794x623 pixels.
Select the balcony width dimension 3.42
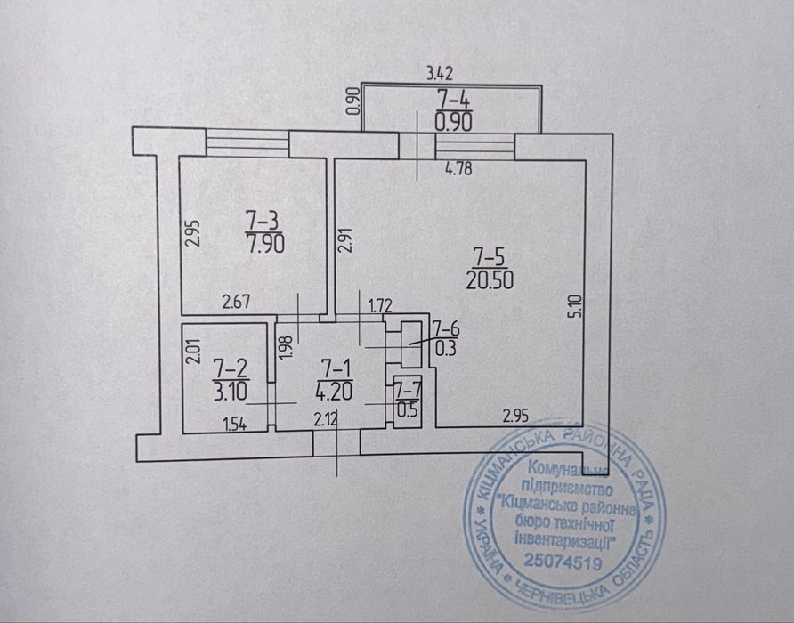pos(442,73)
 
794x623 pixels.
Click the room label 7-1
pos(335,365)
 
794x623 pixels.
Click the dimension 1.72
pos(381,307)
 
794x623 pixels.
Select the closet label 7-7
pos(409,390)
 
